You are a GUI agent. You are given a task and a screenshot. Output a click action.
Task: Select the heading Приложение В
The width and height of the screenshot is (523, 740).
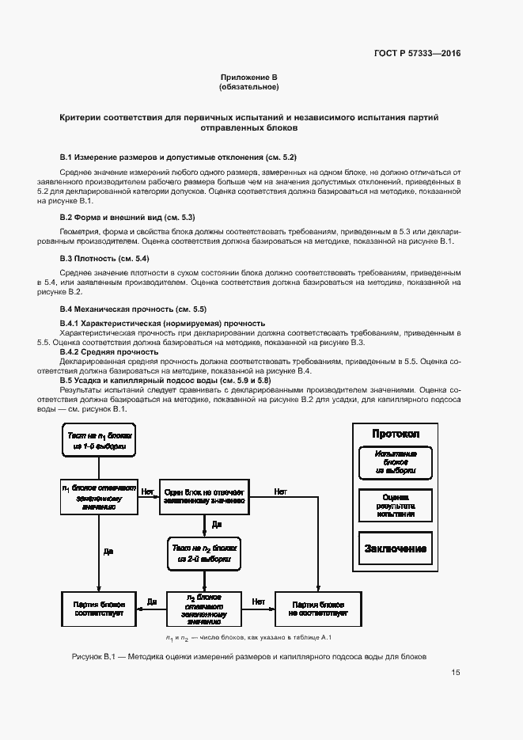249,77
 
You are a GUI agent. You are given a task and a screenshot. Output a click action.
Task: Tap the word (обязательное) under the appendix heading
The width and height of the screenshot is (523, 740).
249,87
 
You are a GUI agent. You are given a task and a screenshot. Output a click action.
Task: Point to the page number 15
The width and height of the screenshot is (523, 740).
456,673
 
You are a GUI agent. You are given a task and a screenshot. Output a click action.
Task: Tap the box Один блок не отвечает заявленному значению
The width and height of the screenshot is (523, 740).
204,496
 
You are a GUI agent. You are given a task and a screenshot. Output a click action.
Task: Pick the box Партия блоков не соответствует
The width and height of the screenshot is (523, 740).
317,608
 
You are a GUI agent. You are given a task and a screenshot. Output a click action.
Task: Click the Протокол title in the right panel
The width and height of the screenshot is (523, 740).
396,435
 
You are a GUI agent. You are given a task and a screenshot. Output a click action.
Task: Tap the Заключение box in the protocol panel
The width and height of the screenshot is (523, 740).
396,548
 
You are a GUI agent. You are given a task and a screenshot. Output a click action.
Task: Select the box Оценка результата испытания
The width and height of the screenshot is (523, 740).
396,504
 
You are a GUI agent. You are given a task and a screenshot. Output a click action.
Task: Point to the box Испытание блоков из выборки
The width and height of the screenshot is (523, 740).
396,461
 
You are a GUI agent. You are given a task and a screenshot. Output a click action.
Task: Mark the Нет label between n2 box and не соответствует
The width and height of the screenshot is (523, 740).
258,601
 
